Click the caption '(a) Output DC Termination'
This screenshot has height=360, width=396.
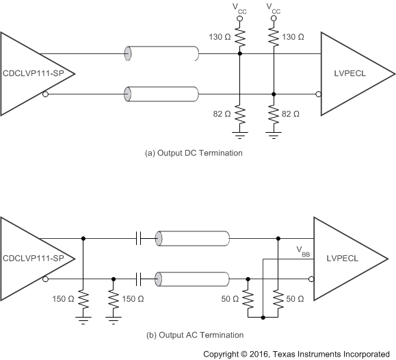(x=194, y=153)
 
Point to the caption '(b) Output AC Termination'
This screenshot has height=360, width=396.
(x=194, y=335)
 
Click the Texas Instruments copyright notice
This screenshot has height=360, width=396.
(x=300, y=354)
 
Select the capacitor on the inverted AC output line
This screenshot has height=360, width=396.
(x=139, y=279)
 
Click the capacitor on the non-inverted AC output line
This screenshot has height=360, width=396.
(x=139, y=238)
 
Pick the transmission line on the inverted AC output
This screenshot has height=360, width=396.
(x=192, y=279)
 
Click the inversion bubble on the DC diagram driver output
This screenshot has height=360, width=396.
(x=45, y=93)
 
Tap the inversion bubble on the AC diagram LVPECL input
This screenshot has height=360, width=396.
(x=311, y=279)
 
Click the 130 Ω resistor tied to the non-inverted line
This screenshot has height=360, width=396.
(x=239, y=36)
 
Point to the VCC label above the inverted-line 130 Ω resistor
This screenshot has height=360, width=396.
(x=274, y=10)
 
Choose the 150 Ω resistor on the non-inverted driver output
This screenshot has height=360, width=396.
(x=83, y=299)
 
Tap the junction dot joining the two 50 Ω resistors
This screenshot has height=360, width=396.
(x=263, y=318)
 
